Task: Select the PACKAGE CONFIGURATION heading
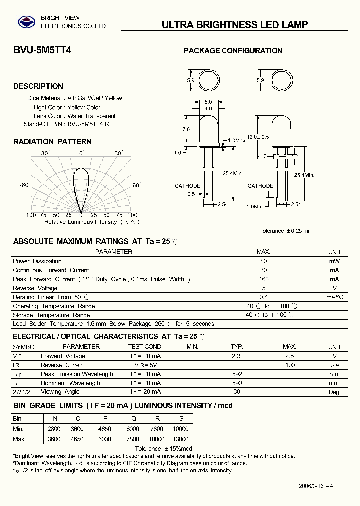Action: tap(233, 51)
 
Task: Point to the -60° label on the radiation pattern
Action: tap(24, 185)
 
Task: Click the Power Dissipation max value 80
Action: tap(263, 261)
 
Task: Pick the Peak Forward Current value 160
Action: tap(263, 279)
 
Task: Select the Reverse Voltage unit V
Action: tap(334, 288)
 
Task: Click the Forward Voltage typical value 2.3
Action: tap(236, 356)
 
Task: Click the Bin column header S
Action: tap(181, 419)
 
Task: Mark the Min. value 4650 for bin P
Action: tap(104, 429)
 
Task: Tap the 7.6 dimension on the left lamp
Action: tap(186, 129)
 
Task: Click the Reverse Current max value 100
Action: tap(289, 365)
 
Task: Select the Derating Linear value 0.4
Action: tap(263, 297)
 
